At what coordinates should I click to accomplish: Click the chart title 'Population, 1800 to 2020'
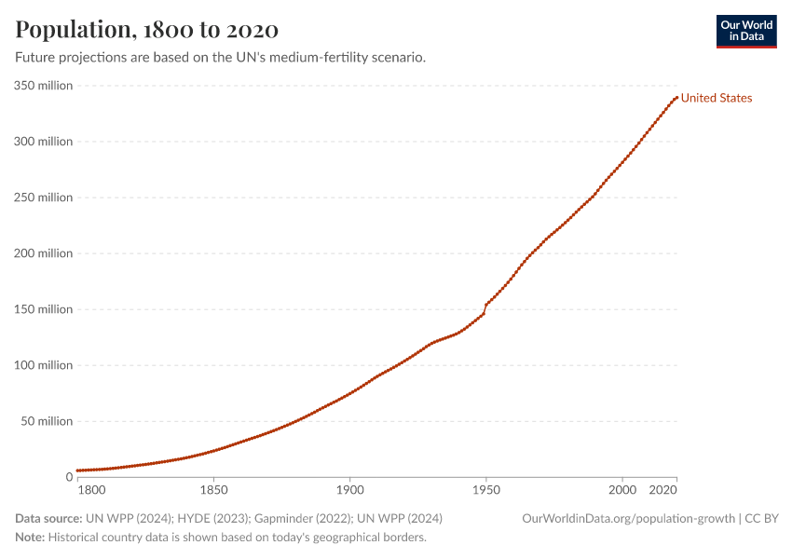[146, 30]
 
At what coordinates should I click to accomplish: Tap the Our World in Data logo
[745, 31]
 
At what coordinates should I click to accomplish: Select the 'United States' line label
[716, 98]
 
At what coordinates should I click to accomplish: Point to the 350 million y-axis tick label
[43, 86]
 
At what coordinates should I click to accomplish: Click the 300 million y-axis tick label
[43, 142]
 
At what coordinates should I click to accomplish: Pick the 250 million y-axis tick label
[43, 198]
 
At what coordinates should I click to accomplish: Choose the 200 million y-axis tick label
[43, 253]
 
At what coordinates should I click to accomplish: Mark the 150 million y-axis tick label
[43, 309]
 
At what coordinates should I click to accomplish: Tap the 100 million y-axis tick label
[43, 365]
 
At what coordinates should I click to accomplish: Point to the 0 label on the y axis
[68, 477]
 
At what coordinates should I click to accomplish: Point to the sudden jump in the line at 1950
[485, 308]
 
